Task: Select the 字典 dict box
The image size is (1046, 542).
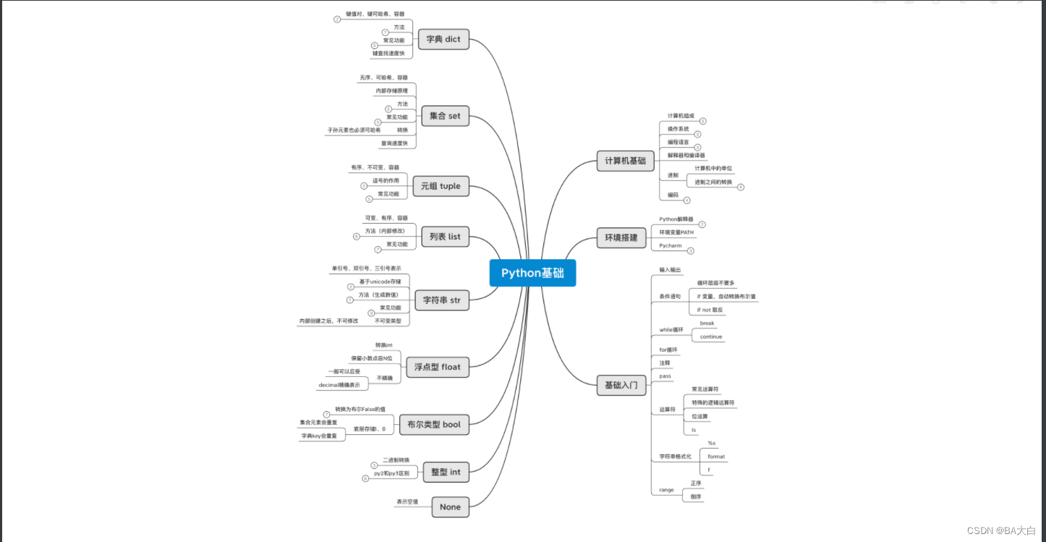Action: [443, 39]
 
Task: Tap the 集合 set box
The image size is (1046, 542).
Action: [444, 116]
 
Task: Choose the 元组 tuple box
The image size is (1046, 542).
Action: [440, 186]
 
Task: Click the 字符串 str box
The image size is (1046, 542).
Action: [441, 300]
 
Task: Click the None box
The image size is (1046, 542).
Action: [450, 507]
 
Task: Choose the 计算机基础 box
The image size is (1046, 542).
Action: [625, 161]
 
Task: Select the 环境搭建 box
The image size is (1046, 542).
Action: [621, 237]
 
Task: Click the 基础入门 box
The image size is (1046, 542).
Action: [621, 386]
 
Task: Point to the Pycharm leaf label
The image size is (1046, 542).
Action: [671, 246]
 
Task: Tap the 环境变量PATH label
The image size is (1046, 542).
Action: [676, 232]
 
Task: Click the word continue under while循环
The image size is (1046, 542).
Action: [711, 336]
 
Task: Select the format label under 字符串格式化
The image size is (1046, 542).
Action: [716, 457]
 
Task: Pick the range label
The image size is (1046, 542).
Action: [666, 490]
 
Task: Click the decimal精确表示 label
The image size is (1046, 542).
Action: [339, 385]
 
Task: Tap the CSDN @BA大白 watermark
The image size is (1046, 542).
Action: [1001, 530]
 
